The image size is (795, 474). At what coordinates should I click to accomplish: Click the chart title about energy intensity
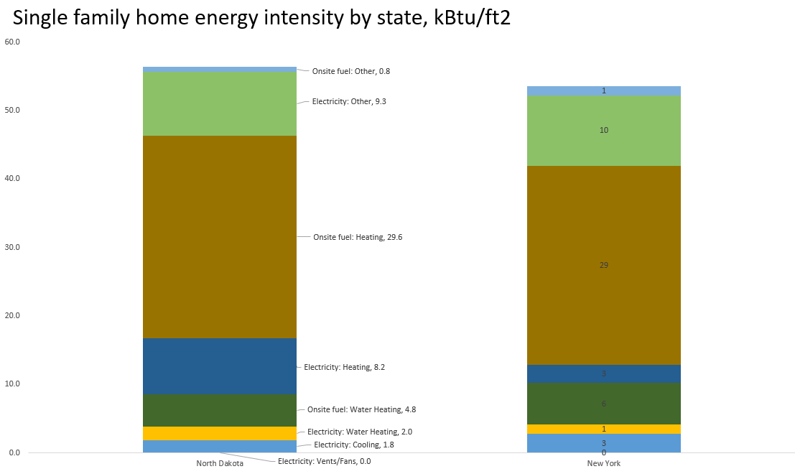[262, 17]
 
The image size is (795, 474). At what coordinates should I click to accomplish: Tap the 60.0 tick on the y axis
[12, 42]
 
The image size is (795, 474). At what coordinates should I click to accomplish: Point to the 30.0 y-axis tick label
[12, 247]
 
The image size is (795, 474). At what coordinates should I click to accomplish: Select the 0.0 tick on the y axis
[14, 452]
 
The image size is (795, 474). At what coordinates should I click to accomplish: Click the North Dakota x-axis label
[220, 463]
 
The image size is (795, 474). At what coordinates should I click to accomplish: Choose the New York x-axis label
[603, 463]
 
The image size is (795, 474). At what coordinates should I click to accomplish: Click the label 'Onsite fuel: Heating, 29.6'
[358, 237]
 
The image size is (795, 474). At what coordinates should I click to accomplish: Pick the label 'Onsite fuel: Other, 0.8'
[350, 71]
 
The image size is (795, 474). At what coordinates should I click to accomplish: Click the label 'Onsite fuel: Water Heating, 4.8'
[361, 409]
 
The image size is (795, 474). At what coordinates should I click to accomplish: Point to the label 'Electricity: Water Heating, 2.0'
[360, 432]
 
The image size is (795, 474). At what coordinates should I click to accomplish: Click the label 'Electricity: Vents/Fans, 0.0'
[324, 461]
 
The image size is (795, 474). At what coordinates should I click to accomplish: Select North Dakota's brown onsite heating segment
[220, 237]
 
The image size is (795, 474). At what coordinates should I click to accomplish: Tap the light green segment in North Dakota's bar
[220, 103]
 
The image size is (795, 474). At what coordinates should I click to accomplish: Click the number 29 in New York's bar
[603, 265]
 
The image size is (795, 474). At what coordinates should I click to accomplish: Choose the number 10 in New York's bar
[603, 130]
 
